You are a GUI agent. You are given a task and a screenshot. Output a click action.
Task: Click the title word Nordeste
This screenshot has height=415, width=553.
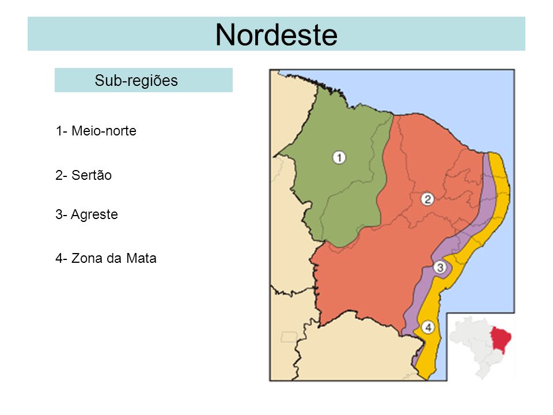276,35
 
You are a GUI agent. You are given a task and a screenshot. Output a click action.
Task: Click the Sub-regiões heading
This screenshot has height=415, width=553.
136,81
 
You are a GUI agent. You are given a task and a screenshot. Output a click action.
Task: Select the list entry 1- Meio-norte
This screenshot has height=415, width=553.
96,131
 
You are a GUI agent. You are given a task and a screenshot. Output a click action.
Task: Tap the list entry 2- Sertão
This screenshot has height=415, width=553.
84,176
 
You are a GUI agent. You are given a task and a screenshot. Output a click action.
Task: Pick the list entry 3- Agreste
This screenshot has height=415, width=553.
87,215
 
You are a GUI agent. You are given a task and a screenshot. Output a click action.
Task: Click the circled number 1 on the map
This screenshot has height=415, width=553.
339,157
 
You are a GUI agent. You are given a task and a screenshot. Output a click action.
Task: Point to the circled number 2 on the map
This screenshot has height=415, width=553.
427,199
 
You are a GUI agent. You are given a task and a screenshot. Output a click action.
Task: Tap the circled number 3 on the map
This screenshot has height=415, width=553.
440,267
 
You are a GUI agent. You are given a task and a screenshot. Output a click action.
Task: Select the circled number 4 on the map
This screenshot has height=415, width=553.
427,327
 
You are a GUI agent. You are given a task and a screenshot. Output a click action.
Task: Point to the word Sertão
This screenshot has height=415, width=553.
92,176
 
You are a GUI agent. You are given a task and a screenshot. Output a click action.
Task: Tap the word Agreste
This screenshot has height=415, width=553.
95,215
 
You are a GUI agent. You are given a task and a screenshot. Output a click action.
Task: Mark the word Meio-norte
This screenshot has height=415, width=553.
104,131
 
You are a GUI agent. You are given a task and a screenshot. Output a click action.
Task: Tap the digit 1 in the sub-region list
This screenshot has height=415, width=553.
59,131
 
